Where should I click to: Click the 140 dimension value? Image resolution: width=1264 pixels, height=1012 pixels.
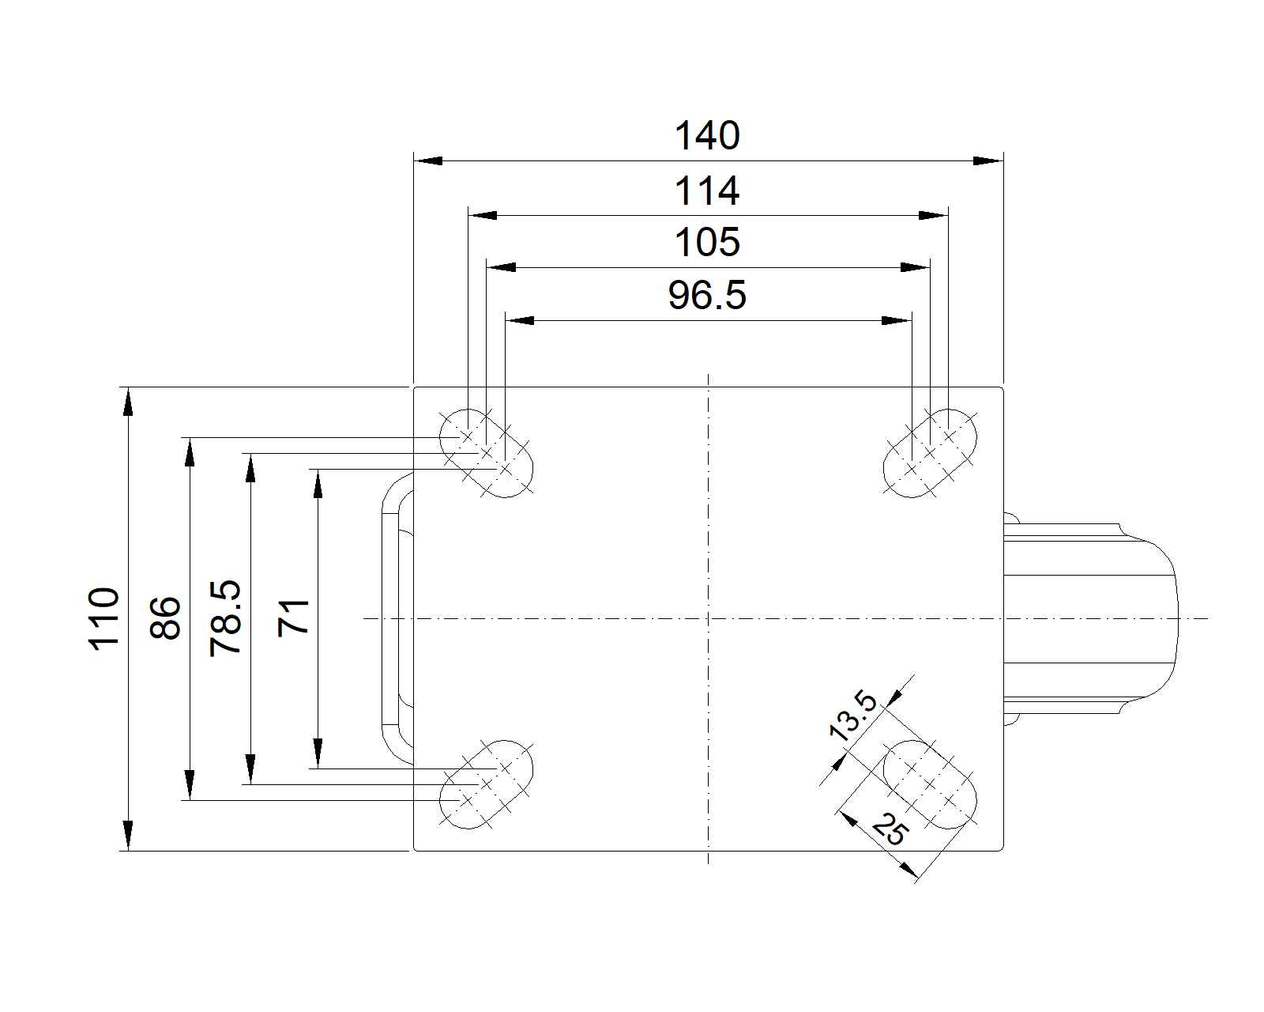pyautogui.click(x=706, y=136)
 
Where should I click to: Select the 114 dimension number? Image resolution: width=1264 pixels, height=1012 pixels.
pyautogui.click(x=706, y=191)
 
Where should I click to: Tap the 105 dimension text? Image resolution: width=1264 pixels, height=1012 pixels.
pyautogui.click(x=706, y=243)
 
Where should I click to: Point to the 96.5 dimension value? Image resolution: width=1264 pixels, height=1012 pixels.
pyautogui.click(x=706, y=296)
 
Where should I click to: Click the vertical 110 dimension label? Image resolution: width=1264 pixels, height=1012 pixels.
pyautogui.click(x=104, y=618)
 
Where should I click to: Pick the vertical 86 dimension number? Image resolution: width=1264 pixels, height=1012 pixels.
pyautogui.click(x=166, y=618)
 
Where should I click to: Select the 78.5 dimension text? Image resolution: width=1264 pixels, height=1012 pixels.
pyautogui.click(x=226, y=618)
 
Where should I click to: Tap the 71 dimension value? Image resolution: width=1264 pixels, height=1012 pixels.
pyautogui.click(x=294, y=618)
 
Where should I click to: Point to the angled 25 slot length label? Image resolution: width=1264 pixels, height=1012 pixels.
pyautogui.click(x=890, y=831)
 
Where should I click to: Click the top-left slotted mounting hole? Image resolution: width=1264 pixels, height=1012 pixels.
pyautogui.click(x=486, y=453)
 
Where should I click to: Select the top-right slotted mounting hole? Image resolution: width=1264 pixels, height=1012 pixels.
pyautogui.click(x=929, y=453)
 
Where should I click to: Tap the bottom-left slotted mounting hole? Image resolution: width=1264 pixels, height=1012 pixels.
pyautogui.click(x=486, y=784)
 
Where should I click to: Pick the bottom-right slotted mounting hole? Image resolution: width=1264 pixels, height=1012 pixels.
pyautogui.click(x=929, y=784)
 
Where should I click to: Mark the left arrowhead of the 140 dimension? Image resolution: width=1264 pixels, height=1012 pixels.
pyautogui.click(x=427, y=161)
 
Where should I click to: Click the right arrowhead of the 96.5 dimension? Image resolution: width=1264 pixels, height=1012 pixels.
pyautogui.click(x=898, y=321)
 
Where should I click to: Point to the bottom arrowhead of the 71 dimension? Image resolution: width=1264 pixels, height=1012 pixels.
pyautogui.click(x=318, y=754)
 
